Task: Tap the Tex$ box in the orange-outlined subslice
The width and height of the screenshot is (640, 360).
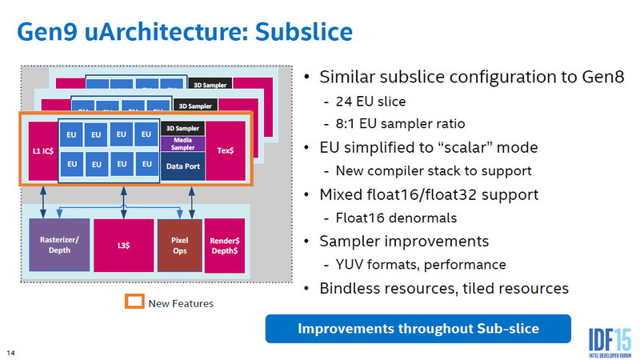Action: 225,150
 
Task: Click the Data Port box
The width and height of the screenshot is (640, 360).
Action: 183,167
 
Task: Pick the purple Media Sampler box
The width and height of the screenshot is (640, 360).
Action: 183,143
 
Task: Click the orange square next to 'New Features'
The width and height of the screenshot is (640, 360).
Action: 134,302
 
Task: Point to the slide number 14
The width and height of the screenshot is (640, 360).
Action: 11,353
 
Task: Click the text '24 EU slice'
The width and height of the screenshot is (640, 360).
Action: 371,102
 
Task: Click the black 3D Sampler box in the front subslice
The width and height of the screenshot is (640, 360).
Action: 183,128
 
